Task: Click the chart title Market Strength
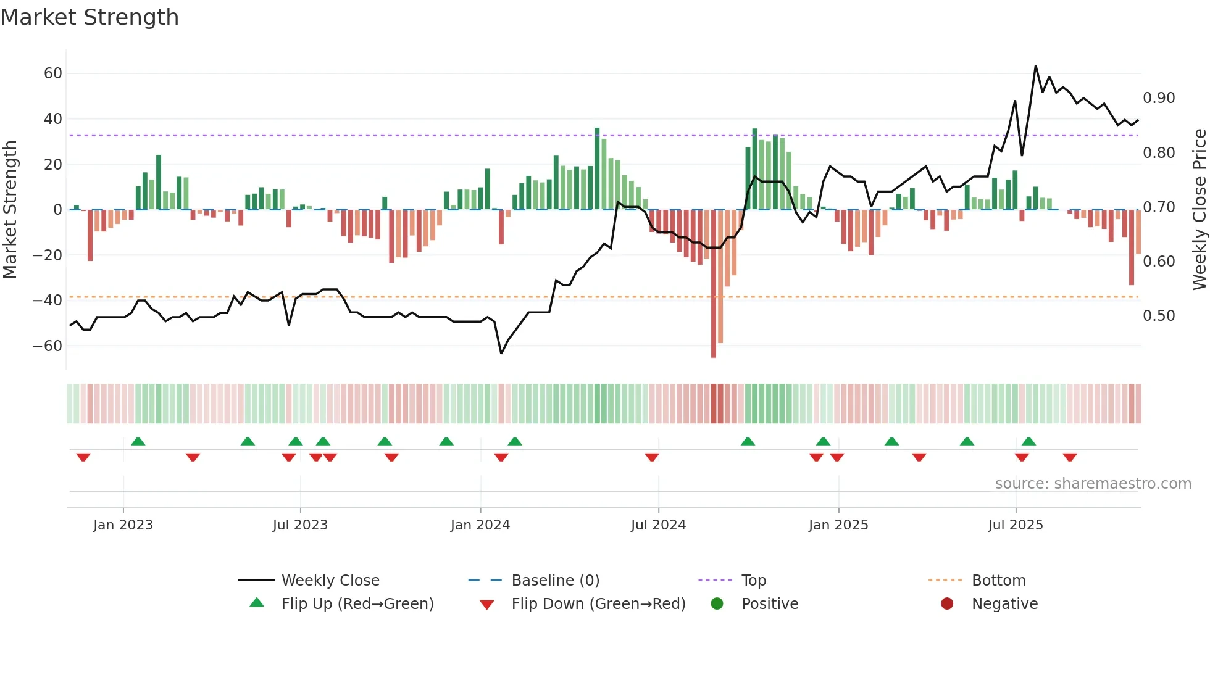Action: (x=90, y=17)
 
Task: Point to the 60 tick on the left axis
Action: (x=52, y=73)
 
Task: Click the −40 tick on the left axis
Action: (x=48, y=301)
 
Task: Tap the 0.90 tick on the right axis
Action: (x=1159, y=98)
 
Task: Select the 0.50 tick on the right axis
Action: (x=1159, y=316)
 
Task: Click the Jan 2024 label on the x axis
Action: (x=480, y=525)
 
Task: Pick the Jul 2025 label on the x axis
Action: (x=1015, y=525)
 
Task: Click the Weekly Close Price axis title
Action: (x=1199, y=210)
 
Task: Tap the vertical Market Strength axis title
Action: (x=10, y=210)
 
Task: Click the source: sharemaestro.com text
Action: (x=1093, y=484)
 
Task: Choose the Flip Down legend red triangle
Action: (x=486, y=605)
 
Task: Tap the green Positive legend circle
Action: (x=717, y=604)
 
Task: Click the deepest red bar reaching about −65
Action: (x=714, y=284)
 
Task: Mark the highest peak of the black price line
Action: (x=1035, y=66)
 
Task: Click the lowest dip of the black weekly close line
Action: (x=501, y=353)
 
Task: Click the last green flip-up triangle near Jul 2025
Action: (x=1028, y=442)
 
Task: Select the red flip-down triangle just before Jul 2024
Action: (x=652, y=457)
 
